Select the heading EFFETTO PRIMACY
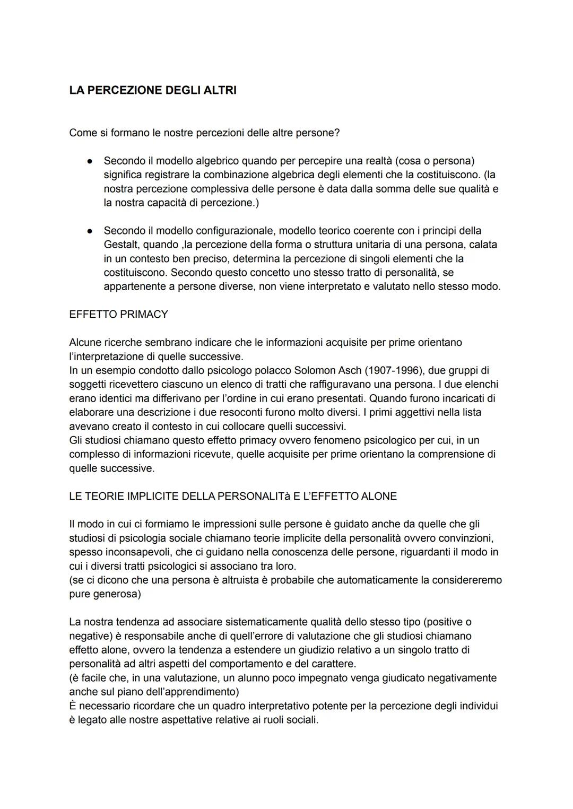coord(118,314)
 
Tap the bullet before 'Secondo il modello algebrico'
coord(91,160)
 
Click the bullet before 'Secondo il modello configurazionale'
coord(91,231)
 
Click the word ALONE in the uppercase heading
coord(378,497)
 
